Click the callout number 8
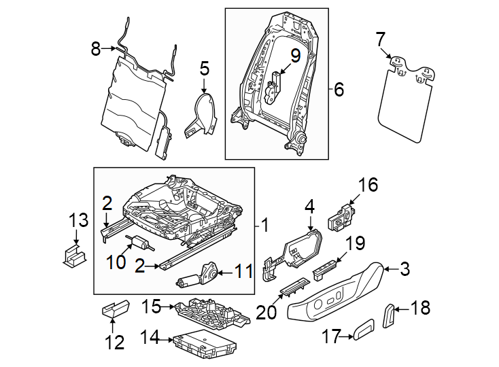coord(95,48)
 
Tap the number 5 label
coord(205,67)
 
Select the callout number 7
coord(380,39)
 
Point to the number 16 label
coord(367,185)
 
